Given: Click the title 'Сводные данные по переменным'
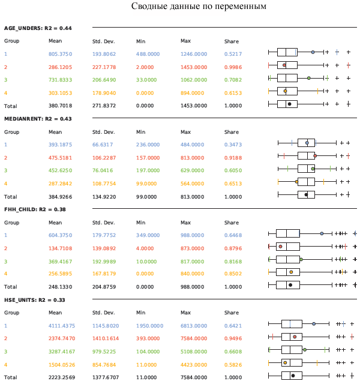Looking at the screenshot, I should [199, 7].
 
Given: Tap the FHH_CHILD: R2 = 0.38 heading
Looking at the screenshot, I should [37, 209].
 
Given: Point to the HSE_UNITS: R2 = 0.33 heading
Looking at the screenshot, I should [37, 300].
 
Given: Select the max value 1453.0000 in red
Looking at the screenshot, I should [193, 67].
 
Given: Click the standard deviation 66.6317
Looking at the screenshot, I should [104, 145].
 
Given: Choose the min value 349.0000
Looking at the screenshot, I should [148, 235].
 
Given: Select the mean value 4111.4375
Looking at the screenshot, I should [62, 326].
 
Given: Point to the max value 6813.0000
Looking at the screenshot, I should [193, 326].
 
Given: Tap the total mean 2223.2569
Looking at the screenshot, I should [62, 377].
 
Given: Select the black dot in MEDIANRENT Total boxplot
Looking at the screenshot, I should [306, 194].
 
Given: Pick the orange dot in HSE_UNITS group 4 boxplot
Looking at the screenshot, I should [286, 362].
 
